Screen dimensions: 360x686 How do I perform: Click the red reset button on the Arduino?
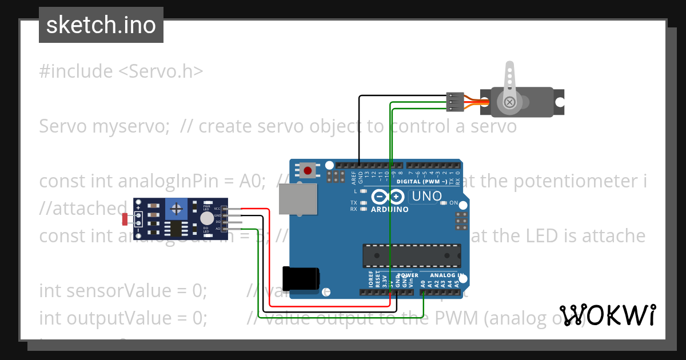click(308, 170)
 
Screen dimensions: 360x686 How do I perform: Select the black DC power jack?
click(301, 279)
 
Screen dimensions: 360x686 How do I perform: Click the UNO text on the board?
click(426, 196)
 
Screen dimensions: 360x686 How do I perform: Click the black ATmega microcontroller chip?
click(412, 255)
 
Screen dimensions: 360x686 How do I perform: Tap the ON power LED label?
click(453, 203)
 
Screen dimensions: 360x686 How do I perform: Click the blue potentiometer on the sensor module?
click(178, 207)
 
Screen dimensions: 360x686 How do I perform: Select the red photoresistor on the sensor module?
click(126, 218)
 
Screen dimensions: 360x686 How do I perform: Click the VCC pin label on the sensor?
click(217, 209)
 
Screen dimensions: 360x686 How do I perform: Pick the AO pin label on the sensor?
click(217, 229)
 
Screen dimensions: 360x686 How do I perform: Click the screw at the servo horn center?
click(509, 102)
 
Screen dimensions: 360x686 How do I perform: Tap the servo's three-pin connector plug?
click(453, 102)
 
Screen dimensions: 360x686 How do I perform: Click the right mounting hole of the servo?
click(560, 102)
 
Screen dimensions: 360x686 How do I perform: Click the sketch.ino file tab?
click(101, 25)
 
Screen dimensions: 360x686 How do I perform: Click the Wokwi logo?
click(607, 315)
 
